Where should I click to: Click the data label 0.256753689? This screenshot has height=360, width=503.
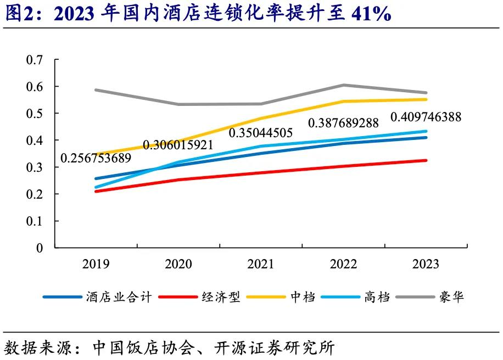pos(96,158)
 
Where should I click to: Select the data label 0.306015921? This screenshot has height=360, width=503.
pos(178,145)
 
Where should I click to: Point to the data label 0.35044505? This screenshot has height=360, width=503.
pos(260,133)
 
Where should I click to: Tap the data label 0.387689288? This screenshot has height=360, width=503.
pos(343,123)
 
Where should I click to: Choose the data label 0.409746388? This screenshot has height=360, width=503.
pos(426,117)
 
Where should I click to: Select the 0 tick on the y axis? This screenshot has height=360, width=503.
pos(39,248)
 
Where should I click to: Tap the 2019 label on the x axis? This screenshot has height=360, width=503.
pos(96,265)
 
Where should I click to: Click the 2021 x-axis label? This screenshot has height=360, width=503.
pos(260,265)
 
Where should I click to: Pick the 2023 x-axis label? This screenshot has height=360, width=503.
pos(426,265)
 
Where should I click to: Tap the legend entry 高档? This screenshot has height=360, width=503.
pos(376,297)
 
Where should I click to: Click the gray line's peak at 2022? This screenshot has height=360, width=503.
pos(343,85)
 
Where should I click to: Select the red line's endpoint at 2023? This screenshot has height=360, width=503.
pos(426,160)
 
